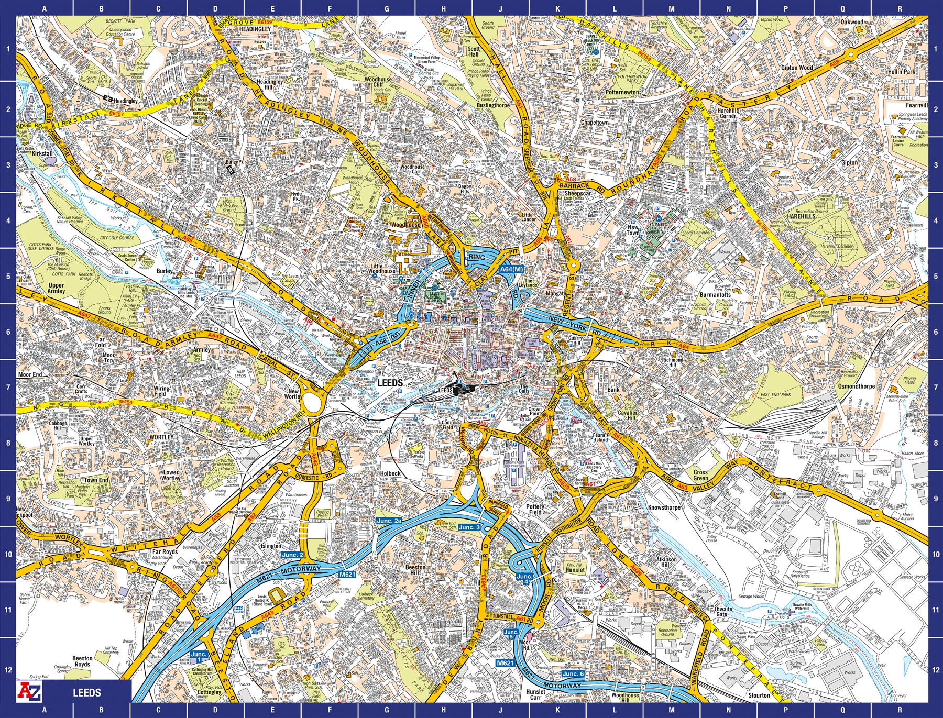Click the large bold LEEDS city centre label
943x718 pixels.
pos(390,383)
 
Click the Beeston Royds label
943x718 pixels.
pos(82,661)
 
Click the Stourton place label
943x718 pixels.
pos(759,695)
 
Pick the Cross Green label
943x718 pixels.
pos(700,475)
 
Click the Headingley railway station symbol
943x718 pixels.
pos(108,98)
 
